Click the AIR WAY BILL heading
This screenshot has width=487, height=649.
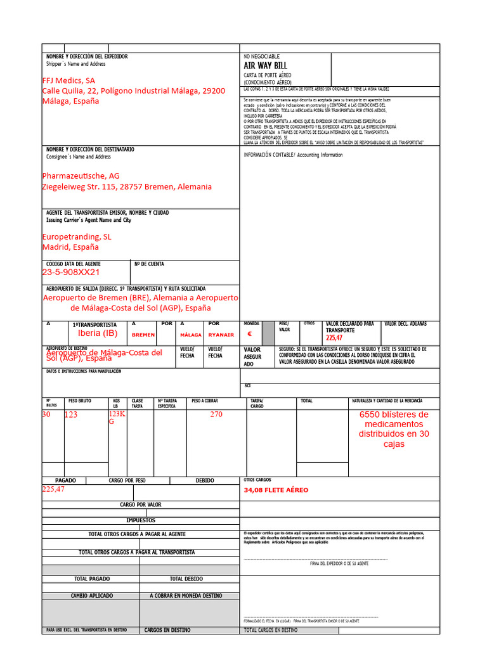(265, 66)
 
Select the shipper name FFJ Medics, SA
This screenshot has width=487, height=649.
(68, 80)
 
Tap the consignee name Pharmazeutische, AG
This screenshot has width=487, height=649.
(81, 176)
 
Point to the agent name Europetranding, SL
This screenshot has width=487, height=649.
(76, 236)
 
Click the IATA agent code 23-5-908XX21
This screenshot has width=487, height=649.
(71, 272)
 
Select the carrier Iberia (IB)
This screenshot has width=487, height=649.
(98, 333)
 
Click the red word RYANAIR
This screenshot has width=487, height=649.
(221, 335)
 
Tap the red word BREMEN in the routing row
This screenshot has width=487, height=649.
(143, 335)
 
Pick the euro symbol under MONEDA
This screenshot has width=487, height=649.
(249, 334)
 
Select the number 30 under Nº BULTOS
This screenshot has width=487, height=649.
(46, 414)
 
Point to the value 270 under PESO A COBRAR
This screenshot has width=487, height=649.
(216, 414)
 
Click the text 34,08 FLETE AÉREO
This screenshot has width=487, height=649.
(276, 490)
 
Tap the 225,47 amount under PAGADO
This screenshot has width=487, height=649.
(53, 489)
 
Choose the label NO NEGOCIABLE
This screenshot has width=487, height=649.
(261, 56)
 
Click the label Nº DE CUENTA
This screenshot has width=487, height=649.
(149, 264)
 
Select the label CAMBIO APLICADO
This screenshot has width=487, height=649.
(91, 596)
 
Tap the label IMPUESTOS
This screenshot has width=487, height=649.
(141, 520)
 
